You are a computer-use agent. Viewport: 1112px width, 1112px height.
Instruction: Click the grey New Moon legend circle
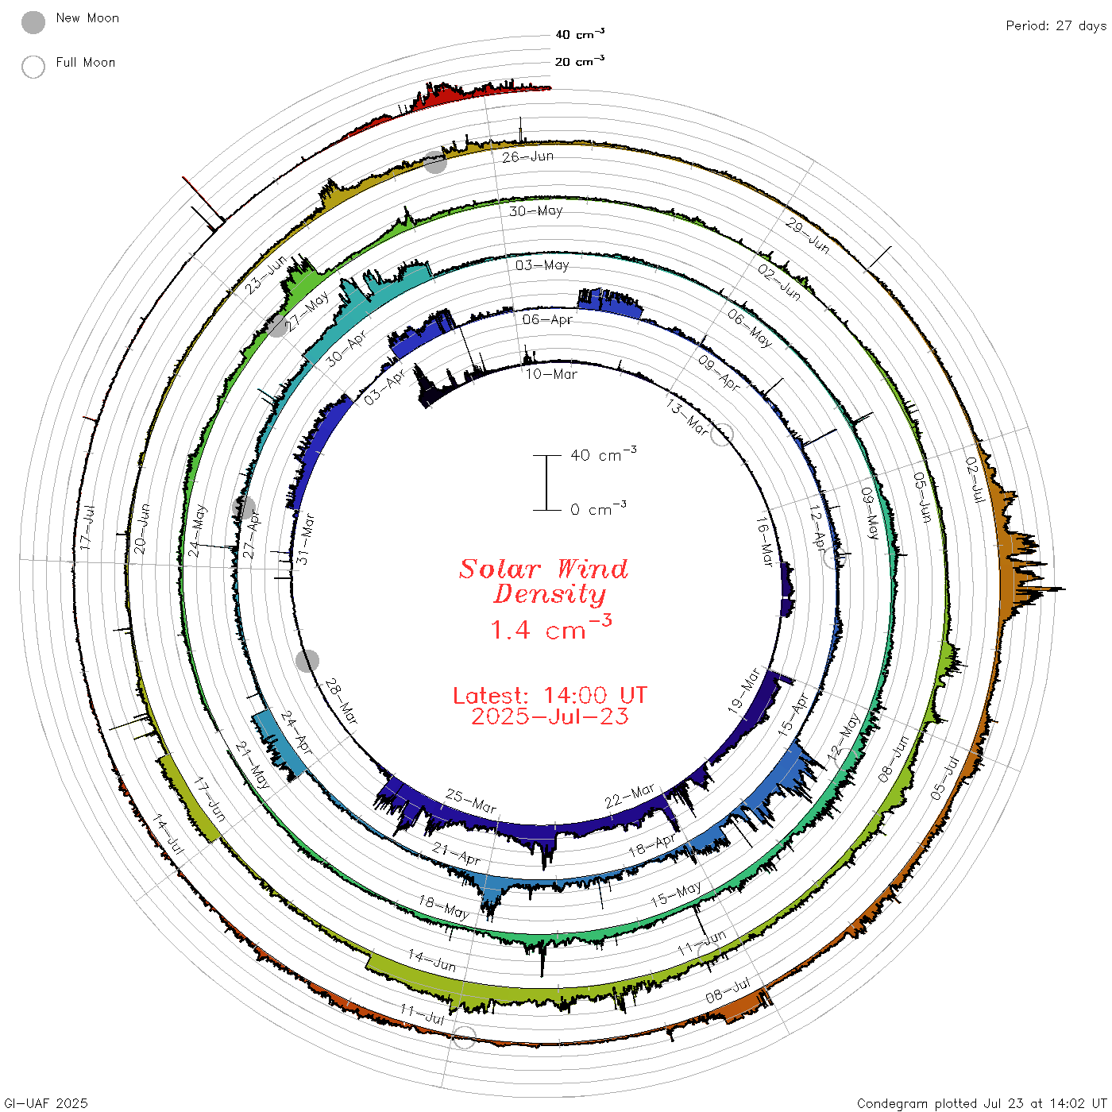tap(33, 22)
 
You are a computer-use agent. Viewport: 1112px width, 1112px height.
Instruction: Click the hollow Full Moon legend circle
tap(33, 67)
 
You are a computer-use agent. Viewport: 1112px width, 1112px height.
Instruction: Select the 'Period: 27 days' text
tap(1056, 26)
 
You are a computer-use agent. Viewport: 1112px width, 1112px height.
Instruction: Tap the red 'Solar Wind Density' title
tap(543, 581)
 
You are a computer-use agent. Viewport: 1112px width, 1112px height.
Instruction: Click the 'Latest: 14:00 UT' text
tap(550, 695)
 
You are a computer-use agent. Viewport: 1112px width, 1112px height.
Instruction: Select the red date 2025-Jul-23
tap(550, 716)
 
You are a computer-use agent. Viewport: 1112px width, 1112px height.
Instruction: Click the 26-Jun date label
tap(527, 156)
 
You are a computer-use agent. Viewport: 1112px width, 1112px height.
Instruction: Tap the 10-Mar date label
tap(551, 374)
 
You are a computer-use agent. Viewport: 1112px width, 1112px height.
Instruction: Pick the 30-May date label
tap(535, 211)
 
